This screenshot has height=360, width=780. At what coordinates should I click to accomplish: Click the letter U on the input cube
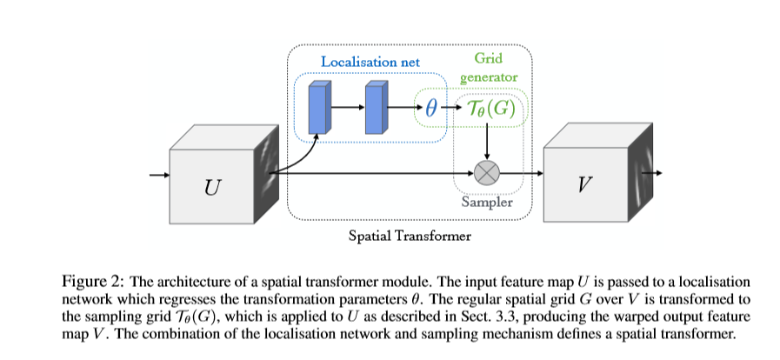click(x=212, y=185)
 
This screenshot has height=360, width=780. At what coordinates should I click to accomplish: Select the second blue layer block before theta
click(x=377, y=109)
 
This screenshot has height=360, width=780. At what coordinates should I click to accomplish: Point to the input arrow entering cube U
click(x=159, y=175)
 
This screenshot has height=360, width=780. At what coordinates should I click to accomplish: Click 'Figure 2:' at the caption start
click(x=92, y=280)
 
